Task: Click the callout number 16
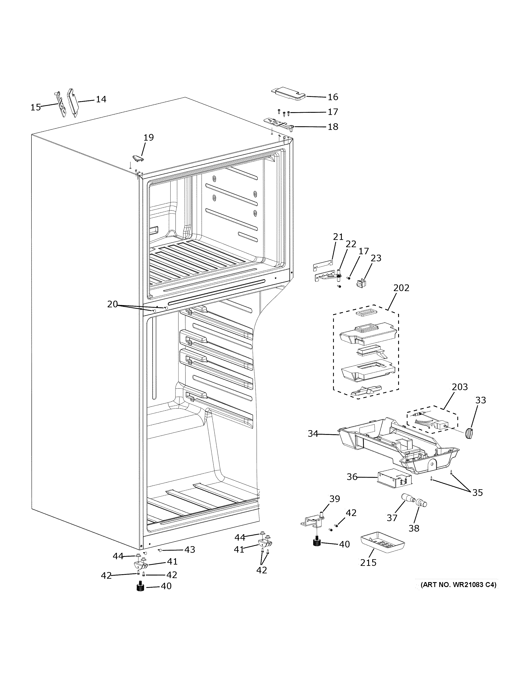click(x=333, y=97)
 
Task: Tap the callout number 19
click(x=149, y=137)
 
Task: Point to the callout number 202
click(x=401, y=288)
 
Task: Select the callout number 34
click(x=313, y=433)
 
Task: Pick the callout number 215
click(x=368, y=562)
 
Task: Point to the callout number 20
click(x=112, y=305)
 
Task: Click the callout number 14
click(x=101, y=99)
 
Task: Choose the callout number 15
click(x=36, y=107)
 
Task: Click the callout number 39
click(x=335, y=499)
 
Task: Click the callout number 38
click(x=414, y=528)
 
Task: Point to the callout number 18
click(x=333, y=127)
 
